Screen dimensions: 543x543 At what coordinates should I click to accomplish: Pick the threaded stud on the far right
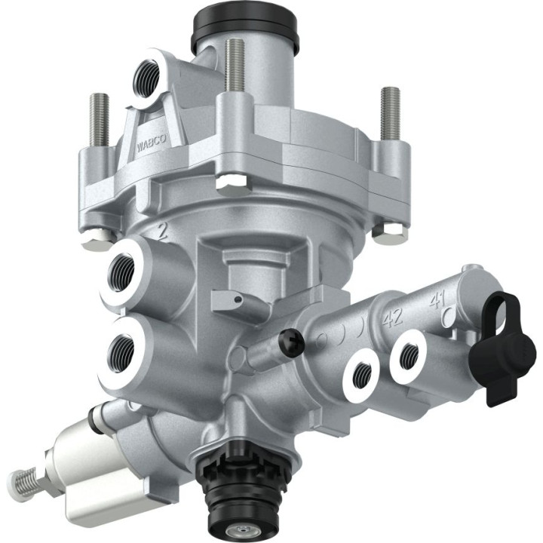pyautogui.click(x=391, y=112)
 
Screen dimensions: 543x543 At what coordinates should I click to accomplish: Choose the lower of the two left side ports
pyautogui.click(x=123, y=348)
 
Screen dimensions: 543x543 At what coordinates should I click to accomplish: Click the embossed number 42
pyautogui.click(x=391, y=317)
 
